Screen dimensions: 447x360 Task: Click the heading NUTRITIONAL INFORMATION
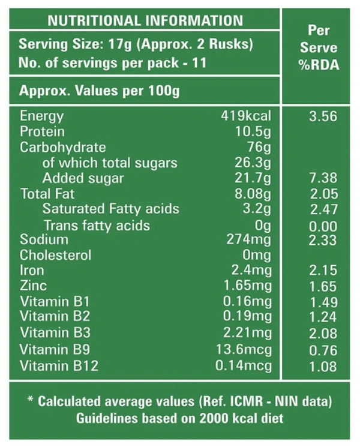point(145,20)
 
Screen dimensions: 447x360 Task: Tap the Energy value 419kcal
point(246,116)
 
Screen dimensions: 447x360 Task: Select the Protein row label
point(42,131)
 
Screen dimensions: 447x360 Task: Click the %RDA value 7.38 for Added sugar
point(323,178)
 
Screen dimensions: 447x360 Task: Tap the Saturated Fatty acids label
point(110,209)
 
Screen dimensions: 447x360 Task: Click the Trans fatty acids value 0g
point(263,226)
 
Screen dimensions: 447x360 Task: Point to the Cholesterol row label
point(55,255)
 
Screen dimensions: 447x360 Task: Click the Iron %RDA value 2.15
point(323,271)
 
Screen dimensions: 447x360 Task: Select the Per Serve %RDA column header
point(319,47)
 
